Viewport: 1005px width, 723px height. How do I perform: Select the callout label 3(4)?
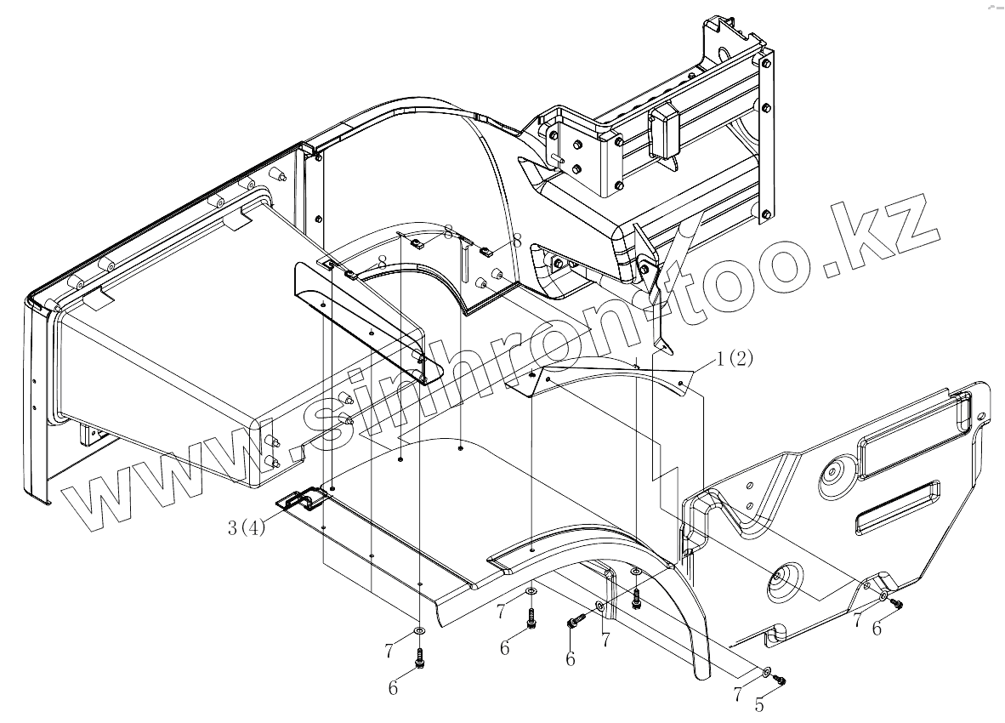pos(247,527)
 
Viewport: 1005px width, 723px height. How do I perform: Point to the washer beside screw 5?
pos(767,671)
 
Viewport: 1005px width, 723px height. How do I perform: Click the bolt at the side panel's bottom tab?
pos(897,603)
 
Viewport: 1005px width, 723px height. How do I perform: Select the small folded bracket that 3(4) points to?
pos(299,502)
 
